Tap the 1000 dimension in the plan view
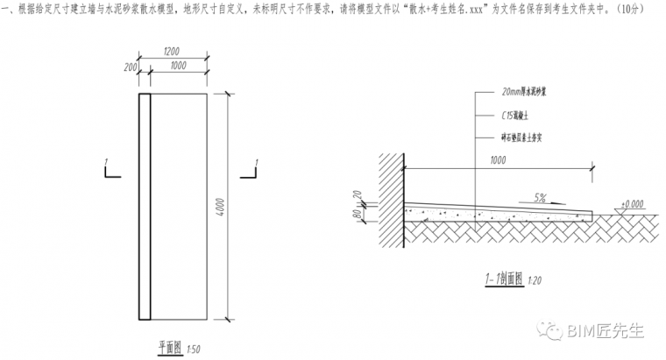179,67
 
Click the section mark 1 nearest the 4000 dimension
253,163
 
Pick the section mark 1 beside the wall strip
106,163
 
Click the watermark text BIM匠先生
606,330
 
